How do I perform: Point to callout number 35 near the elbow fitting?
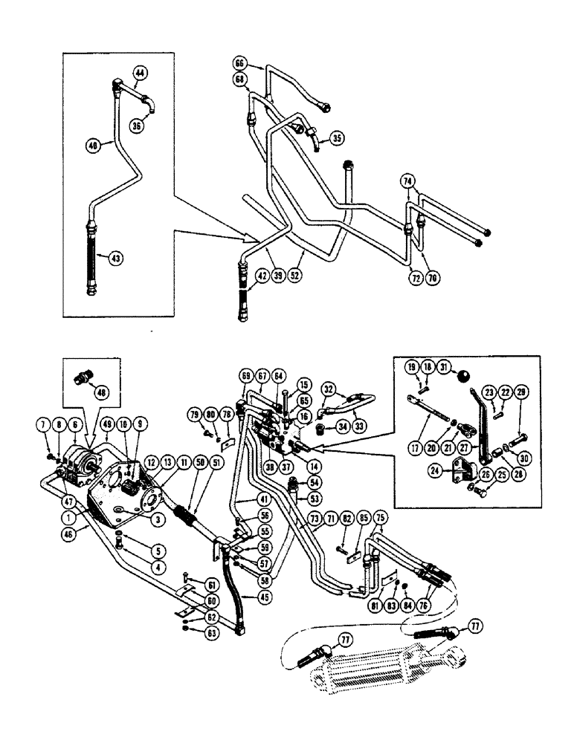point(338,137)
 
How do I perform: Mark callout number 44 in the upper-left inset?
point(141,72)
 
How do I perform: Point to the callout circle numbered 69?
point(245,376)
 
